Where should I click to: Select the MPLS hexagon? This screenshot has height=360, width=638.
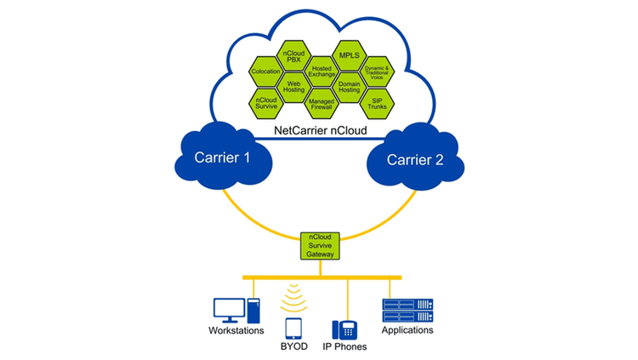[348, 55]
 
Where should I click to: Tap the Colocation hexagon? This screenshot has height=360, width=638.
[267, 71]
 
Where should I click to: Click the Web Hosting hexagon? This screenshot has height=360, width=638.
[294, 87]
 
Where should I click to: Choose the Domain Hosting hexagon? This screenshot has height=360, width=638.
[348, 87]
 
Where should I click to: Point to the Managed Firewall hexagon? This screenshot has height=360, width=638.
[321, 103]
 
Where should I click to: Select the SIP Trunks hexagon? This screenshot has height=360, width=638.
[375, 103]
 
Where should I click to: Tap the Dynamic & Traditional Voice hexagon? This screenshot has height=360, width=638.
[375, 71]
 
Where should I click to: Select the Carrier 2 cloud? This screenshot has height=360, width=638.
[415, 159]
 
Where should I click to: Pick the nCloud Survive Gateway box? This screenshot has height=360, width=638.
[319, 245]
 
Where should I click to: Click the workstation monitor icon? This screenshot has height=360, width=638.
[229, 308]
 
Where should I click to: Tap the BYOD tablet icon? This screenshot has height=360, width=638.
[294, 329]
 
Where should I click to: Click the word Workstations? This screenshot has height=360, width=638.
[236, 331]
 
